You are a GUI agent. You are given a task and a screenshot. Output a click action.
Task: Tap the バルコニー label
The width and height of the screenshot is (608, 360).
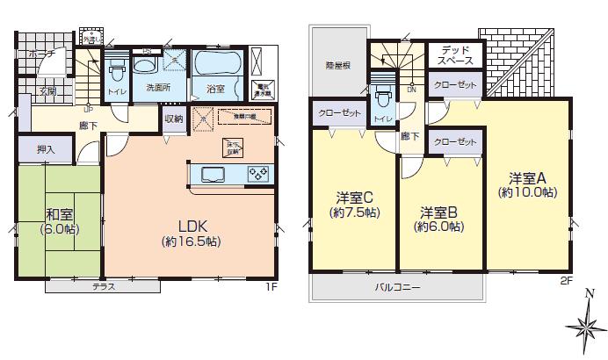pos(397,287)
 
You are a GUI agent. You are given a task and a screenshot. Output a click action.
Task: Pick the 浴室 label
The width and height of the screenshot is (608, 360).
pos(216,89)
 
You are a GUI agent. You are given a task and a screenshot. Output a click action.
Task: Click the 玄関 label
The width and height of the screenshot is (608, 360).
pos(47,91)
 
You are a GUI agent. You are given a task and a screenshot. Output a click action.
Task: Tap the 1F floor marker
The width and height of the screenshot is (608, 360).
pos(274,285)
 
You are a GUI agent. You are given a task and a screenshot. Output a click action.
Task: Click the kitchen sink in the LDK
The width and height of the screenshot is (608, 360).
pos(214,174)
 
